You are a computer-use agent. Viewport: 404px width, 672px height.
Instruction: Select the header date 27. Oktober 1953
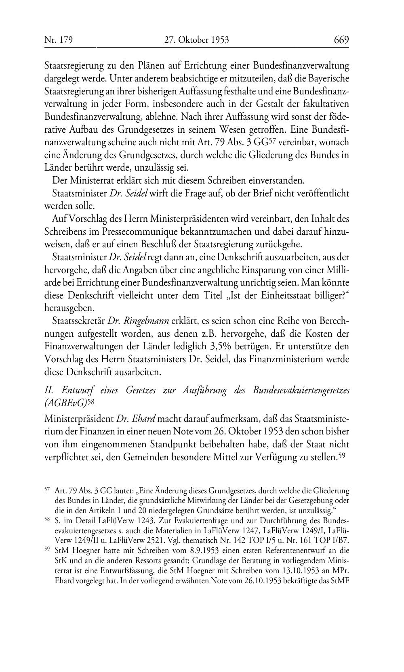(x=197, y=40)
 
